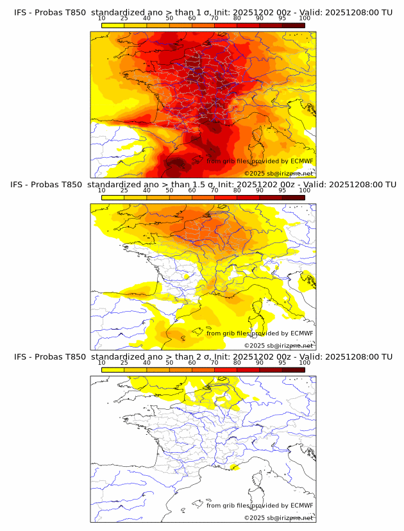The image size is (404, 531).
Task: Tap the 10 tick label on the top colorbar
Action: click(x=101, y=19)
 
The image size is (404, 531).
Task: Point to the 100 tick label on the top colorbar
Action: click(x=305, y=19)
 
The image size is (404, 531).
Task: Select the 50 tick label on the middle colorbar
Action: click(x=169, y=190)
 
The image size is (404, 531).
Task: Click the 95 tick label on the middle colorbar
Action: click(x=282, y=190)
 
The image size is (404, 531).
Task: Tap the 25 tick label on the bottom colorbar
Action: click(x=124, y=362)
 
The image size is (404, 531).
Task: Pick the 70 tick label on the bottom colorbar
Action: click(x=214, y=362)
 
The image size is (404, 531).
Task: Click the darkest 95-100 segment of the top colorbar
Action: click(x=293, y=25)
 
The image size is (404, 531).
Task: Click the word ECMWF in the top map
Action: click(x=301, y=161)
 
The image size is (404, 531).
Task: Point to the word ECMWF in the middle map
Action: click(x=301, y=333)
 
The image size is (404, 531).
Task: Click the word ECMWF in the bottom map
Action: click(x=301, y=505)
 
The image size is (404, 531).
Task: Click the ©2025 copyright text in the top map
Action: click(x=255, y=173)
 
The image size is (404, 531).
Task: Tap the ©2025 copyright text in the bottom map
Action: click(x=255, y=517)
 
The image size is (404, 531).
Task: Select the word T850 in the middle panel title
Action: click(x=72, y=185)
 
